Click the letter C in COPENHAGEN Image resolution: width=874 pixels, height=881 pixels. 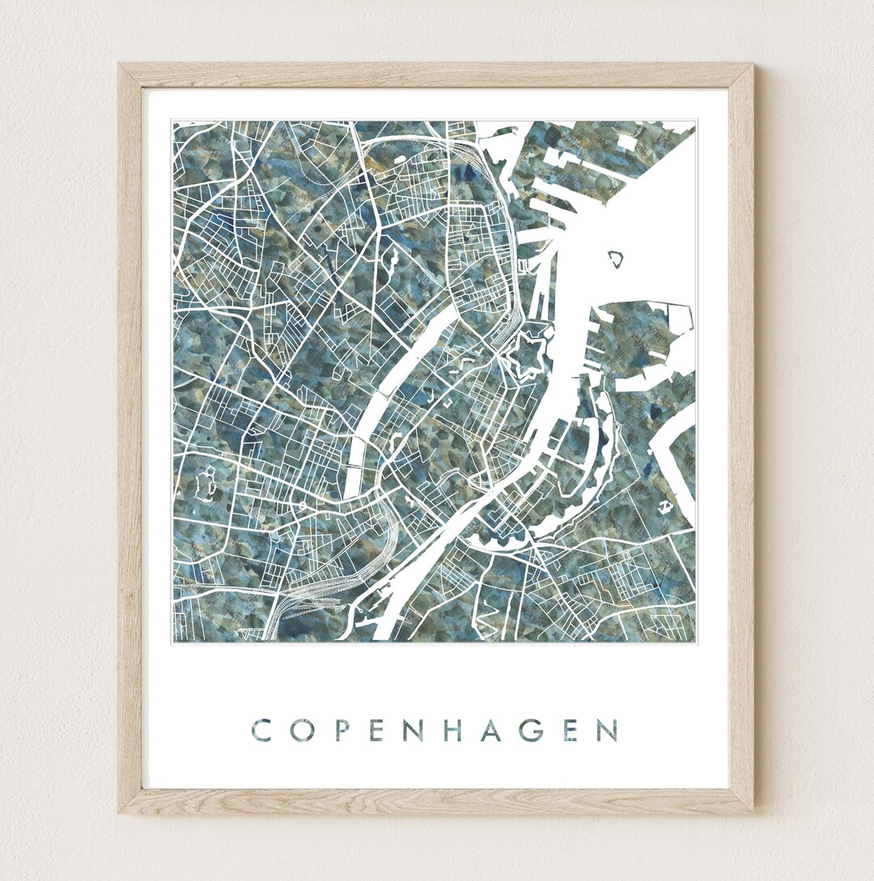point(261,730)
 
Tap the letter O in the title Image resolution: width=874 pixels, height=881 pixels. point(299,730)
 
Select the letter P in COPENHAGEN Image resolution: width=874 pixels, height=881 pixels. point(338,730)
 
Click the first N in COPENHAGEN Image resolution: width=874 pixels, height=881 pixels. point(414,730)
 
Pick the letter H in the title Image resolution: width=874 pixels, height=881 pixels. point(454,730)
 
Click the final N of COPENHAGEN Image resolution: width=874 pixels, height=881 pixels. point(608,730)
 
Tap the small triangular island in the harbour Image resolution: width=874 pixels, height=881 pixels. point(617,259)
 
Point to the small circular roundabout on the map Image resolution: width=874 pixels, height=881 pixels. point(302,505)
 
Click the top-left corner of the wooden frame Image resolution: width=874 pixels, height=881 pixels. point(120,65)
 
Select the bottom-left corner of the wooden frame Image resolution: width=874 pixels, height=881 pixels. point(121,811)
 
